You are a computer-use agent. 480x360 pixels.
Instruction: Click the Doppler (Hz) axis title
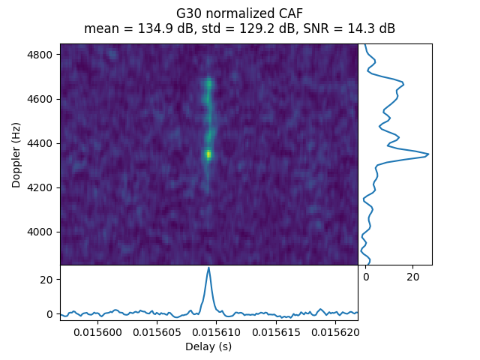click(16, 154)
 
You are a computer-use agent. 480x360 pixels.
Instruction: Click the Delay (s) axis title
click(208, 346)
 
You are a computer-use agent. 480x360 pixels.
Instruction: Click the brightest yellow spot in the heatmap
click(208, 154)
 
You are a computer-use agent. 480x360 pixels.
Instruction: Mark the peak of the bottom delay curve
click(208, 268)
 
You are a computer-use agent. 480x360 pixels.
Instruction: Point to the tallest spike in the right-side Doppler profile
click(427, 154)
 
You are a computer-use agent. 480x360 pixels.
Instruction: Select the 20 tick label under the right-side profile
click(412, 277)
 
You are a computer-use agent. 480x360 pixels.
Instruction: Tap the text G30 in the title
click(187, 13)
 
